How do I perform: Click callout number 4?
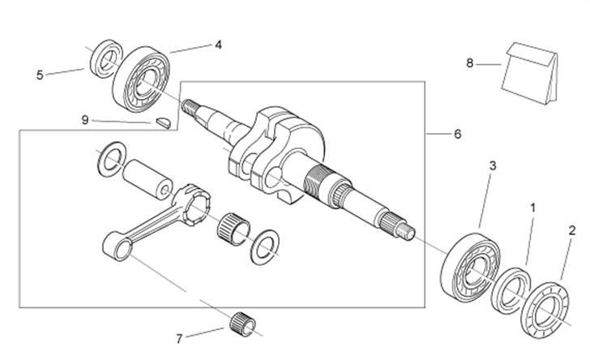point(218,45)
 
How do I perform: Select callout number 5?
point(40,75)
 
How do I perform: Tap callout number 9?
point(84,119)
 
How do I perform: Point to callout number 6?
point(458,134)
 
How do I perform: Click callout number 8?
point(469,62)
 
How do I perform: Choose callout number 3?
point(492,165)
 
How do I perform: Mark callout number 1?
point(532,208)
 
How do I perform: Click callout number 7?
point(179,336)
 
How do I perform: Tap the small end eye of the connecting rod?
point(117,242)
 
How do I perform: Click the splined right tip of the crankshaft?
point(405,229)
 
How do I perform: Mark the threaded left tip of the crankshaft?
point(191,105)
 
